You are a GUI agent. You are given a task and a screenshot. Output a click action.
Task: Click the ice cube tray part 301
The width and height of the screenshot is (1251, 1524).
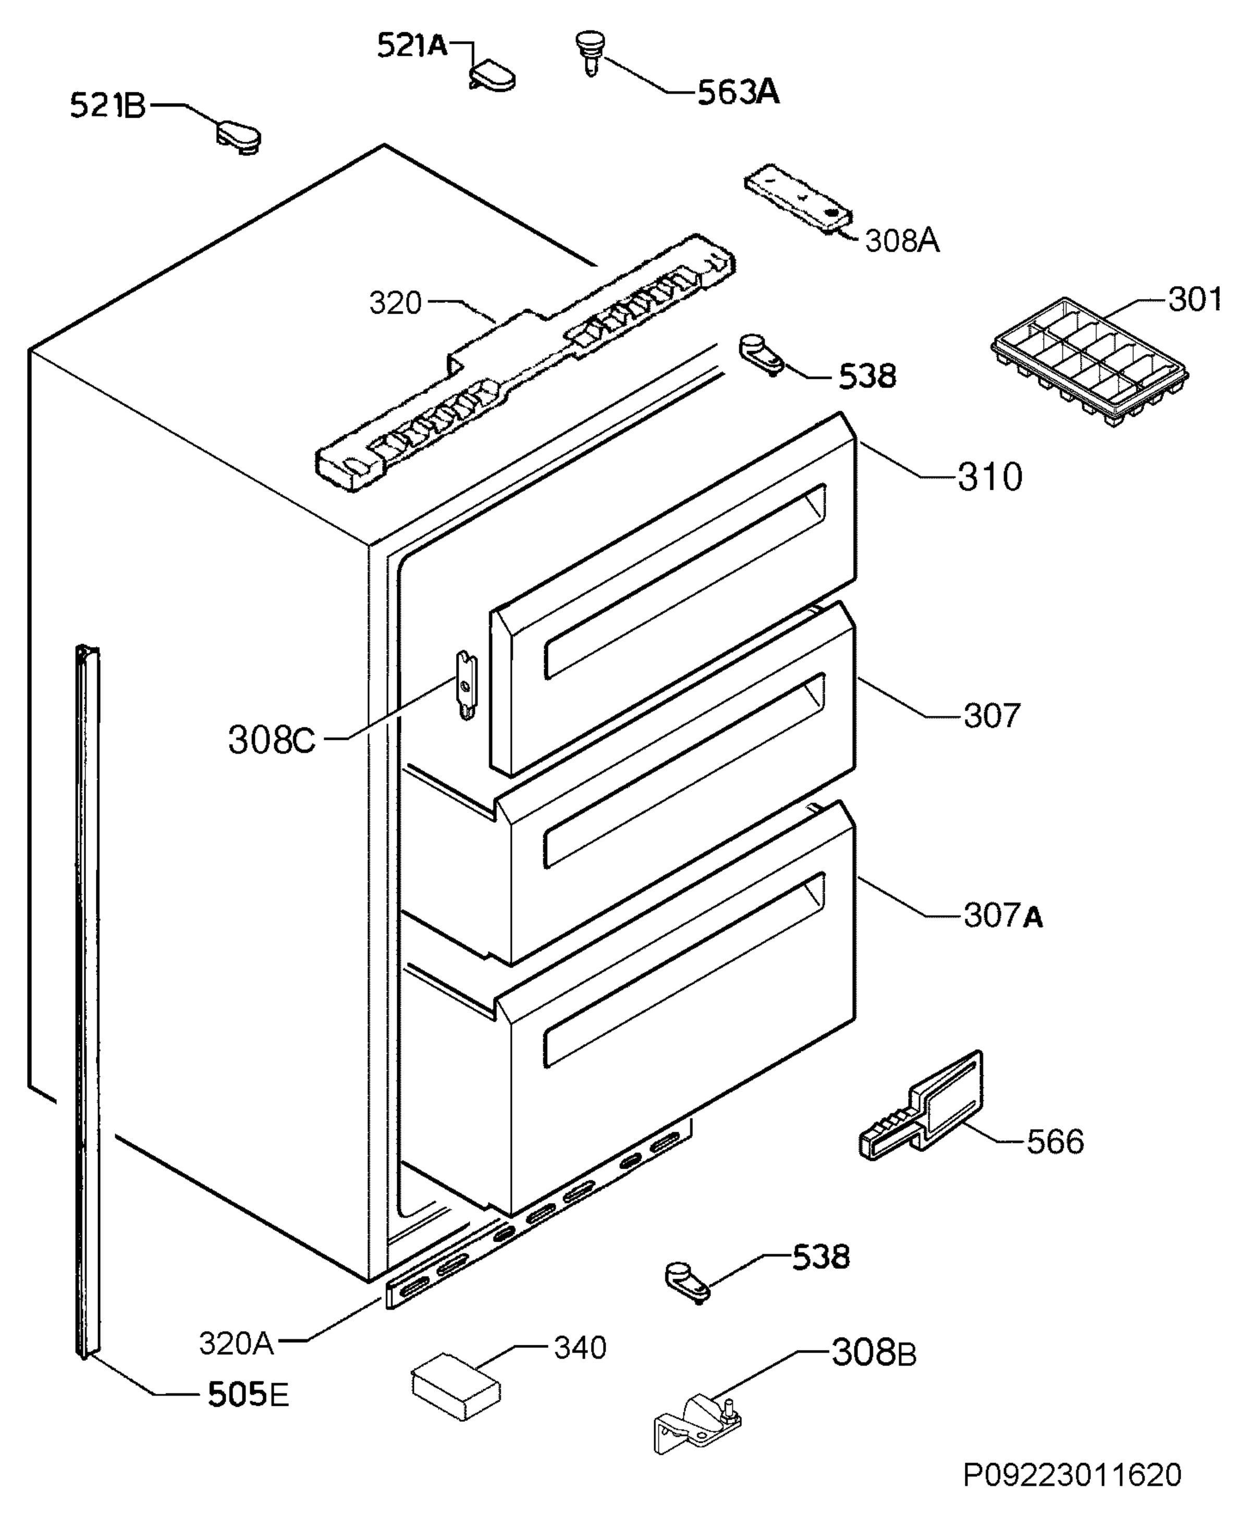point(1089,364)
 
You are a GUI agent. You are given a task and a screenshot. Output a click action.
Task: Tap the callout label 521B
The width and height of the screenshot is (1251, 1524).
point(107,106)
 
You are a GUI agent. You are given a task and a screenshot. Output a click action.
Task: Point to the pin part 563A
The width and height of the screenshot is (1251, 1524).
point(590,52)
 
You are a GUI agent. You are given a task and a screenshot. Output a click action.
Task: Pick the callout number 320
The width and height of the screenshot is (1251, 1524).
point(395,303)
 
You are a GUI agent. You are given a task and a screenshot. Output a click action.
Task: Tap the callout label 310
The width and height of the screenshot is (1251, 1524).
point(989,477)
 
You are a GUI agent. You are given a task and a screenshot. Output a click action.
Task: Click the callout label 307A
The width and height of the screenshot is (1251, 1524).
point(1003,916)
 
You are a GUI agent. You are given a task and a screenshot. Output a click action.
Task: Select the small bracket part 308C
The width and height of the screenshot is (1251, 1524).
point(466,684)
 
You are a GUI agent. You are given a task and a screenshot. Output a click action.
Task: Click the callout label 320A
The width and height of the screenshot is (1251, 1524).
point(236,1344)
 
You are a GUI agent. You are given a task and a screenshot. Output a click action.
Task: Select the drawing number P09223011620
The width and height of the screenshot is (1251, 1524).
point(1072,1491)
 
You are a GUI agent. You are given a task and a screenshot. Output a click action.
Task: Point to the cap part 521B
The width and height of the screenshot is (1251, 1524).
point(239,138)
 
